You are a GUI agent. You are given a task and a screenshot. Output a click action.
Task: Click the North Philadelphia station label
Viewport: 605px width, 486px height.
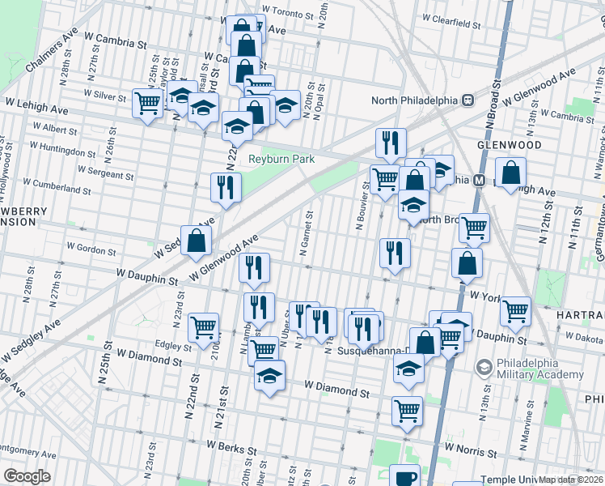click(x=414, y=100)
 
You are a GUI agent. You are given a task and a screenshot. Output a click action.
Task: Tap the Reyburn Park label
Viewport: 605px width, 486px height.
click(x=281, y=160)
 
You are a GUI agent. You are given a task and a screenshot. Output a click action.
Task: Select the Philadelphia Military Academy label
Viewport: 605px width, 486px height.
click(x=540, y=369)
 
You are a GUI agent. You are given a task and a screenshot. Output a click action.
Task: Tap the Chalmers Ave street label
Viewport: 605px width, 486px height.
click(x=51, y=51)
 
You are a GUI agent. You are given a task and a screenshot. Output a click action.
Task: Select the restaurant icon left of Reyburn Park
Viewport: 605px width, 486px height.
click(x=226, y=187)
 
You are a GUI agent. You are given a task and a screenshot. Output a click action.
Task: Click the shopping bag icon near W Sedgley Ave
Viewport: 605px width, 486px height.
click(x=197, y=239)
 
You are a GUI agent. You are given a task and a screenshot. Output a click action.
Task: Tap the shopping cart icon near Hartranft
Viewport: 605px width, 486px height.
click(x=515, y=309)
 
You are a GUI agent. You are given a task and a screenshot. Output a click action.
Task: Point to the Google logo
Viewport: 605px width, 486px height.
click(x=27, y=476)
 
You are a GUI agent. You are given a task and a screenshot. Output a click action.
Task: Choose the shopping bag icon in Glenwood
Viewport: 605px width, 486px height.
click(x=511, y=172)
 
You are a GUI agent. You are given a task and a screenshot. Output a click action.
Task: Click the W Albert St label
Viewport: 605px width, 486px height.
click(x=55, y=130)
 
